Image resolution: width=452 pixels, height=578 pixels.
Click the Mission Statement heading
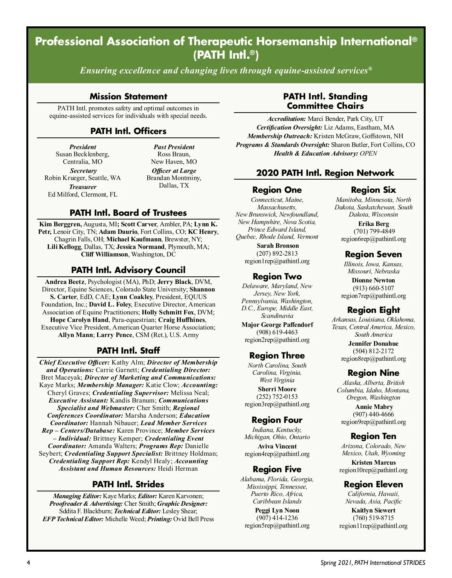coord(128,96)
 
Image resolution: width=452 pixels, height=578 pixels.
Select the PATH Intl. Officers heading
coord(128,131)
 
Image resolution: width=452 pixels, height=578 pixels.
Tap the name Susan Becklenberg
coord(82,154)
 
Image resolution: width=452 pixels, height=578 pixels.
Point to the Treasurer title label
coord(82,187)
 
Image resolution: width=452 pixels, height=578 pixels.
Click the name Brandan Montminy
coord(174,178)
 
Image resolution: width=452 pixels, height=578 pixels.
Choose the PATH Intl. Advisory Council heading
coord(128,270)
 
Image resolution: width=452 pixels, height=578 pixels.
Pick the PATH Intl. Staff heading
coord(128,351)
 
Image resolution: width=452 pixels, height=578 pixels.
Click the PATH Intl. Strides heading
coord(128,484)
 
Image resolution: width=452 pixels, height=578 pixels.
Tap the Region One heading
coord(277,190)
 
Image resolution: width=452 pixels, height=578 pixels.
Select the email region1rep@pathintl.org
coord(277,261)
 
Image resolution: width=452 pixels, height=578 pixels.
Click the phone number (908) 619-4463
coord(277,332)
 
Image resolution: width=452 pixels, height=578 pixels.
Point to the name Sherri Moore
coord(277,389)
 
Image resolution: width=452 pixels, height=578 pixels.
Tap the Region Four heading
coord(277,420)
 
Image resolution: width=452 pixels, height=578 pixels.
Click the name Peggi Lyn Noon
coord(277,510)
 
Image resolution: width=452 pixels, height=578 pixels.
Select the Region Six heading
coord(373,190)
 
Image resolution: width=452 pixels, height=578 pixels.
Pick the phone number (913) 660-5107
coord(373,288)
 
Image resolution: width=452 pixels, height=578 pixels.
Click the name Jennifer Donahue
coord(373,343)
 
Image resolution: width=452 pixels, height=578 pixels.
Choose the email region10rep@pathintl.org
coord(373,470)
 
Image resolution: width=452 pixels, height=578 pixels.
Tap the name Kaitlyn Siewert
coord(373,510)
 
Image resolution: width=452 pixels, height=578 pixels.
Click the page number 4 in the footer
coord(29,563)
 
